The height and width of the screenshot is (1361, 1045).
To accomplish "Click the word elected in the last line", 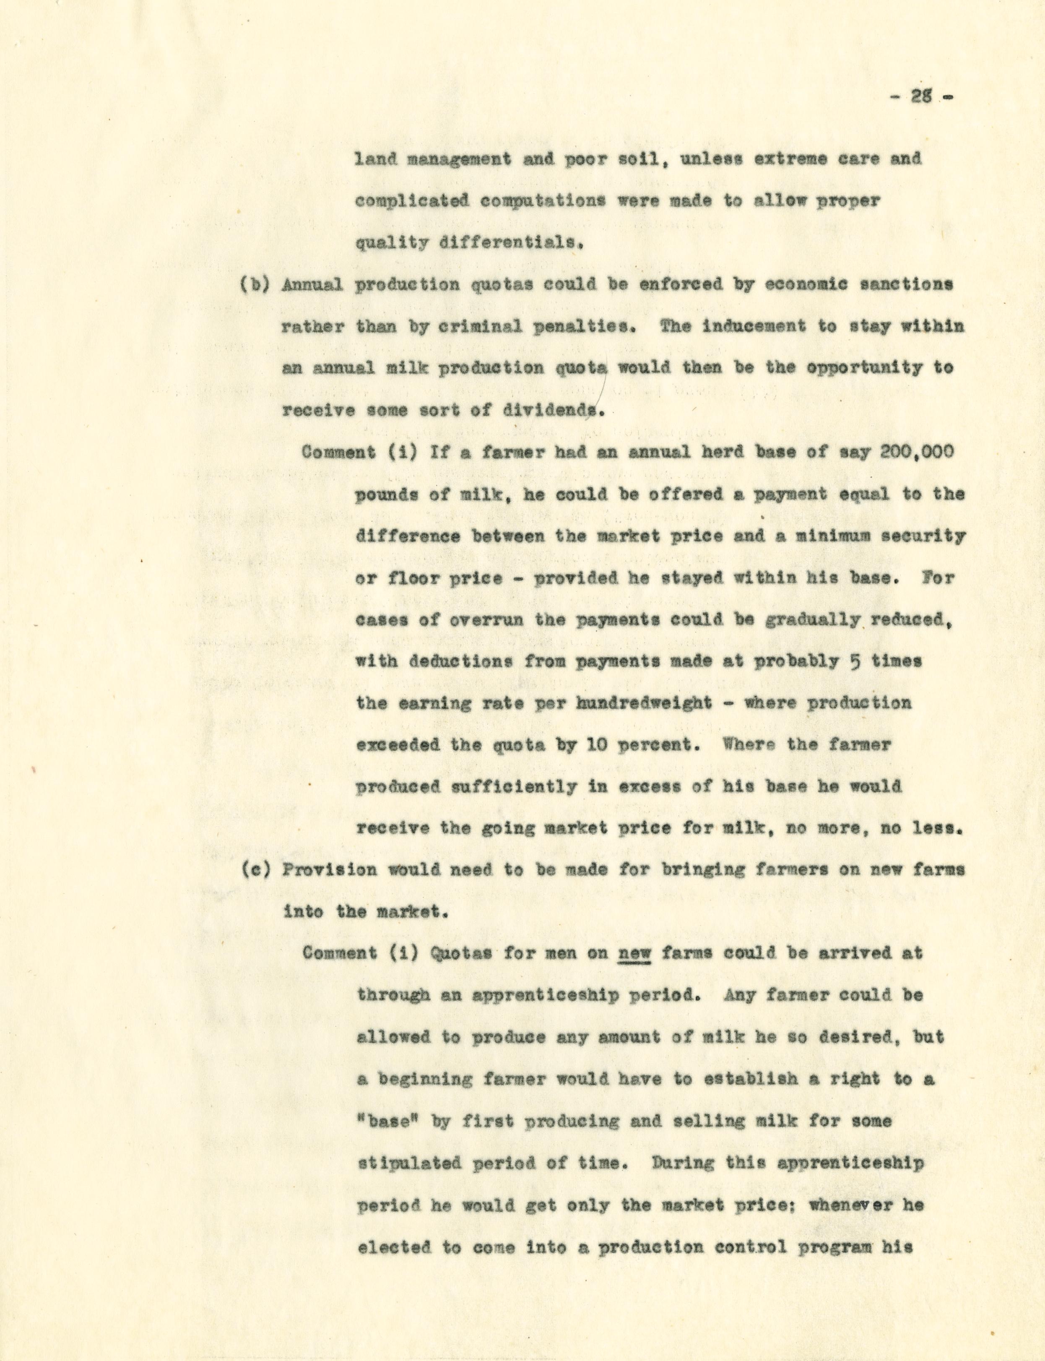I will [394, 1247].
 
